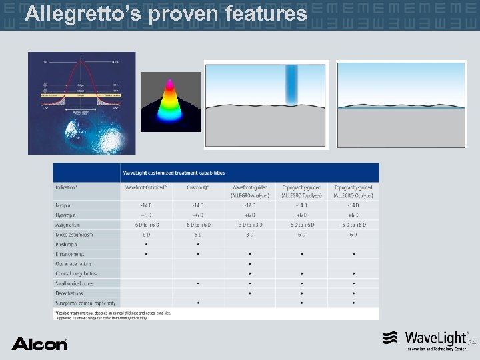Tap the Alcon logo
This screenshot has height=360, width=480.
click(x=39, y=343)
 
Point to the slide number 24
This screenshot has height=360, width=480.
click(x=471, y=343)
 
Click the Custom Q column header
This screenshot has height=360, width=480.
click(x=198, y=187)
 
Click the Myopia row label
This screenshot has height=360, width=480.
click(x=65, y=205)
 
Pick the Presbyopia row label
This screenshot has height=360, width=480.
click(x=68, y=244)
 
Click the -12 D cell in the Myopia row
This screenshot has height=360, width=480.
click(x=249, y=205)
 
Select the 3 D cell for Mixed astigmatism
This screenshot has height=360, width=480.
click(x=249, y=234)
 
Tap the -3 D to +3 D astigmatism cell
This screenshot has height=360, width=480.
click(x=249, y=225)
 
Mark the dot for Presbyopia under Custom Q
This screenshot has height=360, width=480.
click(x=198, y=244)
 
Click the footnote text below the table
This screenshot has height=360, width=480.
click(x=113, y=315)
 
